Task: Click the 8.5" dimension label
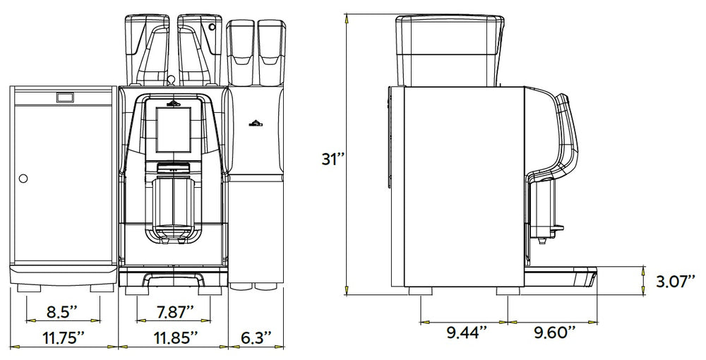click(62, 311)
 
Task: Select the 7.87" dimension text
click(173, 311)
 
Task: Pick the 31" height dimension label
click(333, 159)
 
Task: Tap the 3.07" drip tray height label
click(676, 282)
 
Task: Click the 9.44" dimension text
click(467, 332)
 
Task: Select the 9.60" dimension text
click(555, 332)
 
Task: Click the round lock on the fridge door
click(23, 179)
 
